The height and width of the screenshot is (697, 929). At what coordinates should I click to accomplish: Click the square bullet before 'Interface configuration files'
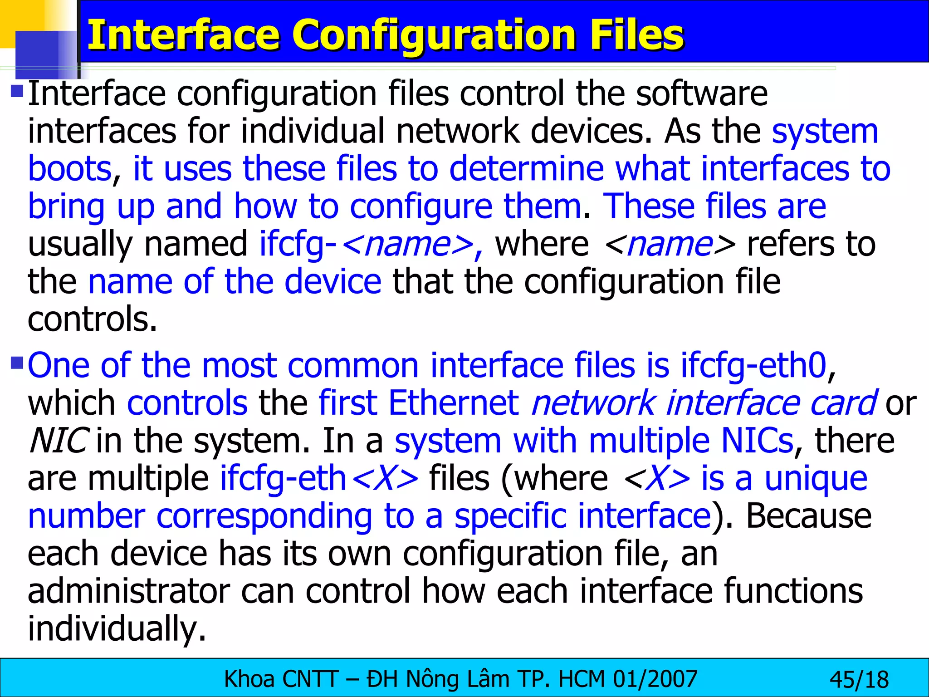[x=17, y=91]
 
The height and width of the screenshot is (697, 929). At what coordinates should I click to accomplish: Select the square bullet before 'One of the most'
[x=17, y=363]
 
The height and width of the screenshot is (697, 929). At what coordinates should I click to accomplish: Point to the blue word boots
[x=70, y=169]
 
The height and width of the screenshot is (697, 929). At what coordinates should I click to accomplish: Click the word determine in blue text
[x=526, y=169]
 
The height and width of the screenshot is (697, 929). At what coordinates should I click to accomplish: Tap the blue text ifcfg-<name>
[x=370, y=245]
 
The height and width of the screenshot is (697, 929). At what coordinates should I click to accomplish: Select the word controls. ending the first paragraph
[x=92, y=319]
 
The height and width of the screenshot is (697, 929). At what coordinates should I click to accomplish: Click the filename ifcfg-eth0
[x=753, y=365]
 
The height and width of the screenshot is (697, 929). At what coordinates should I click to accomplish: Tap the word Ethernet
[x=453, y=403]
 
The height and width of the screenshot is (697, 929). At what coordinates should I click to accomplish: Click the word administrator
[x=129, y=591]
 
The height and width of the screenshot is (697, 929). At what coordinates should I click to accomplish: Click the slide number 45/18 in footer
[x=859, y=680]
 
